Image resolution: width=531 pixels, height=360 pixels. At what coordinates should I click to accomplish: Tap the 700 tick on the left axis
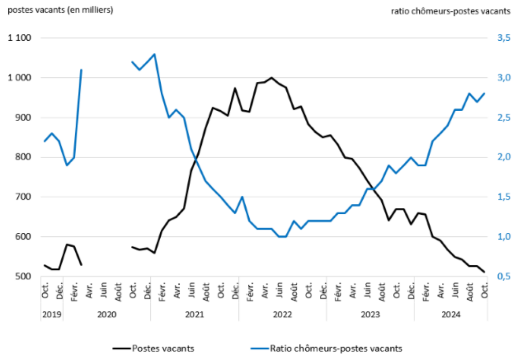[24, 197]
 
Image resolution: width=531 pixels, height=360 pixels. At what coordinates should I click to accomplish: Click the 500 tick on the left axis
[24, 277]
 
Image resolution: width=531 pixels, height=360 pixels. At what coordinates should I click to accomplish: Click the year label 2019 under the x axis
[52, 314]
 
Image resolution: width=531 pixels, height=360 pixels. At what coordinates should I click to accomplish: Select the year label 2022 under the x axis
[282, 314]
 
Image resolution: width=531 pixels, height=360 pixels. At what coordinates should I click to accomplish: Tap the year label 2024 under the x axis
[451, 314]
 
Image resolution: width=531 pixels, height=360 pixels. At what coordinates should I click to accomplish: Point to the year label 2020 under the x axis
[107, 314]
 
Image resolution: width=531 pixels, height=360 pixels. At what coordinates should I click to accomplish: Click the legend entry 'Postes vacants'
[163, 349]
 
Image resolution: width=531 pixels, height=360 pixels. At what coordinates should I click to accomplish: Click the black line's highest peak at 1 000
[271, 78]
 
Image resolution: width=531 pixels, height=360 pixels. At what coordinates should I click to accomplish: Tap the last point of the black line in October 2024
[484, 272]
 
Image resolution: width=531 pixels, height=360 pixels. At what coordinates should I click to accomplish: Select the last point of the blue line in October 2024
[484, 94]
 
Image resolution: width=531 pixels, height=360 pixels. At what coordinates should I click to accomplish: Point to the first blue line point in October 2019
[44, 141]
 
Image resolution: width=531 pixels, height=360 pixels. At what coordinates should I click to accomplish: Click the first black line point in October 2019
[44, 265]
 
